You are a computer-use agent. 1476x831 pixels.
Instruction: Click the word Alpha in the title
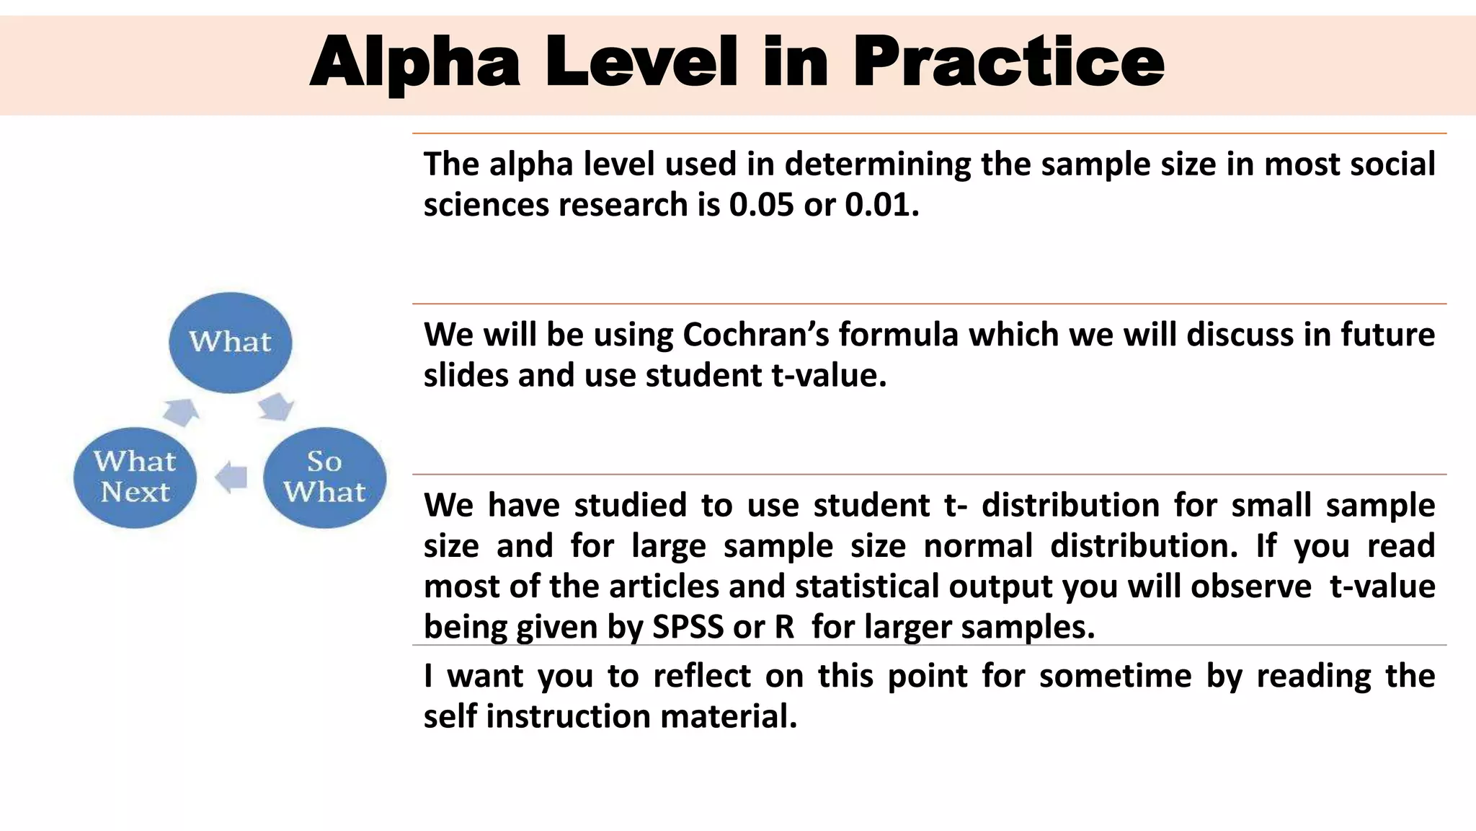coord(415,63)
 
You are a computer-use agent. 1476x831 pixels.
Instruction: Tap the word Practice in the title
coord(1008,63)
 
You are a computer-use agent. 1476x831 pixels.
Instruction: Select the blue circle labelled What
coord(231,342)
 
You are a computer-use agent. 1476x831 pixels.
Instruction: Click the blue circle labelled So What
coord(324,477)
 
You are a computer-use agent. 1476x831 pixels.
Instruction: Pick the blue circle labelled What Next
coord(135,477)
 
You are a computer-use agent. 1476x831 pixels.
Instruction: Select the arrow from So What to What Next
coord(231,477)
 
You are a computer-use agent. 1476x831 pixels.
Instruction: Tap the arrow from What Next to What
coord(181,412)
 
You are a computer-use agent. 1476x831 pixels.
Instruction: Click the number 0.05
coord(760,205)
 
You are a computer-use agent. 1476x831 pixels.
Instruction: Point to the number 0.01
coord(881,205)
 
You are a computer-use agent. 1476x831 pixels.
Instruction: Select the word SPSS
coord(688,626)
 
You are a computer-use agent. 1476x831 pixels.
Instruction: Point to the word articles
coord(664,586)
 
